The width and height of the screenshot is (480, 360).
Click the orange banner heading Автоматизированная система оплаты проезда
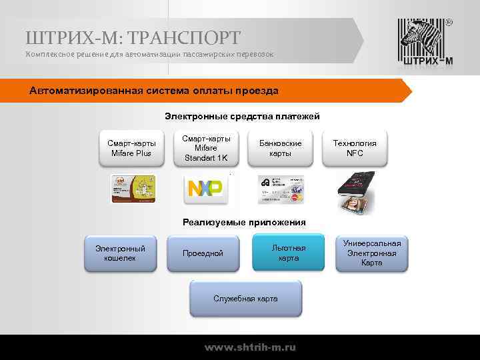point(154,91)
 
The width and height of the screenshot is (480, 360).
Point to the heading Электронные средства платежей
point(242,117)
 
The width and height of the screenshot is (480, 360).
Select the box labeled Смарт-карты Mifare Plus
point(132,148)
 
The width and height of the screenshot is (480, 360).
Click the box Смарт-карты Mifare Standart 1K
point(206,148)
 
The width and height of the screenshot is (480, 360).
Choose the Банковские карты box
point(280,148)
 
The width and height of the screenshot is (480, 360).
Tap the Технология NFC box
point(354,148)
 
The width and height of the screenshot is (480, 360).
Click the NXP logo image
point(206,189)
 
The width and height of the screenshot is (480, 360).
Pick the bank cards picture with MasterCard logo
point(281,189)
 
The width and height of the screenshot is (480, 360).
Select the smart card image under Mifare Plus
point(133,189)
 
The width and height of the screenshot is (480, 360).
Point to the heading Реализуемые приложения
point(244,223)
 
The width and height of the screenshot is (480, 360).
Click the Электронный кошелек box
point(120,253)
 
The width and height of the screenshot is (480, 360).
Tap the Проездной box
point(203,253)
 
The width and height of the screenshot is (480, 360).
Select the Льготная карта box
point(289,253)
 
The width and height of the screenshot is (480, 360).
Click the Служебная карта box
point(245,298)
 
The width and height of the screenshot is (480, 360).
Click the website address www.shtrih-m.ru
point(250,347)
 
